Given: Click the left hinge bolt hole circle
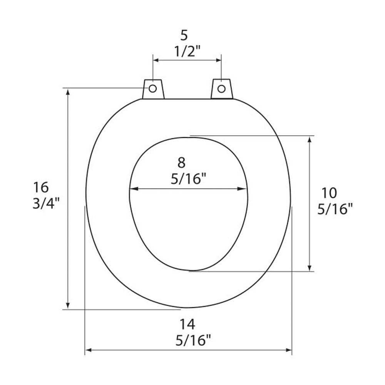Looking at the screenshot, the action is (153, 89).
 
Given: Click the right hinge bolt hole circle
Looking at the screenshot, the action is (221, 89).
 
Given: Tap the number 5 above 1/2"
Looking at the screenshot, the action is (184, 35).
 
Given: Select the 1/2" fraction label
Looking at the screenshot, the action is (187, 52).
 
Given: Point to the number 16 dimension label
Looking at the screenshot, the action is (41, 187).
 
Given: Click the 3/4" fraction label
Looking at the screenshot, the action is (46, 204).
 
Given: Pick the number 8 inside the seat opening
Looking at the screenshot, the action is (181, 162).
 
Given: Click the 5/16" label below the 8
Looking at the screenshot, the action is (188, 179).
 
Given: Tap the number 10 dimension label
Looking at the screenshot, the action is (329, 193).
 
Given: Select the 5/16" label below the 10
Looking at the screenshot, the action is (335, 209).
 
